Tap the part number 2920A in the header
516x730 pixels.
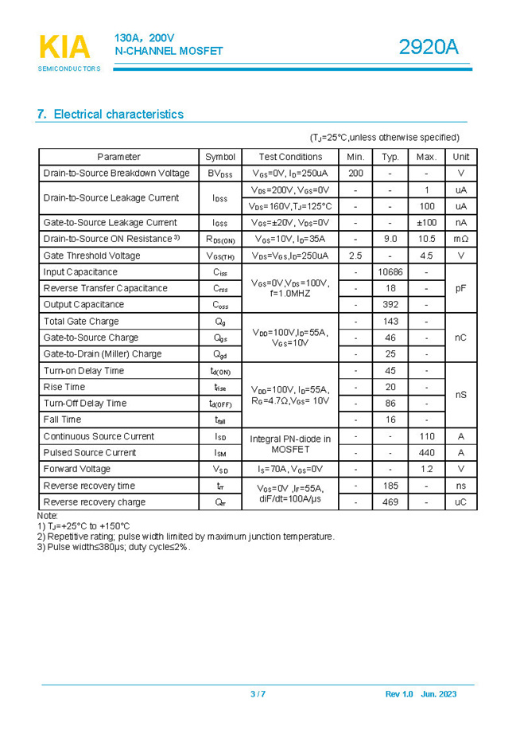[x=429, y=48]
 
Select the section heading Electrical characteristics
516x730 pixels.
[x=111, y=115]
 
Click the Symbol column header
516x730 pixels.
[x=220, y=157]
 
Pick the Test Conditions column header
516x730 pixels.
[x=290, y=157]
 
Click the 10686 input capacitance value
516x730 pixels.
[x=390, y=272]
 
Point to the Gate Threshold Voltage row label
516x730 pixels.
[x=91, y=256]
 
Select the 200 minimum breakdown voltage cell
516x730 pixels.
[x=355, y=174]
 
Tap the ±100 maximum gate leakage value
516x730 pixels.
[x=426, y=223]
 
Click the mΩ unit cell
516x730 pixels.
[x=460, y=239]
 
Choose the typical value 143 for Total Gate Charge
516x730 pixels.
[x=390, y=322]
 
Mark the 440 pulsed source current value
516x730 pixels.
[x=426, y=453]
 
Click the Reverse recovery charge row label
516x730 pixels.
[x=95, y=502]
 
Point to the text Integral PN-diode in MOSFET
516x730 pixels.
[x=290, y=444]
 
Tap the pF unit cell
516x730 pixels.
[x=460, y=288]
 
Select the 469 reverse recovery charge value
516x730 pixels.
[x=390, y=502]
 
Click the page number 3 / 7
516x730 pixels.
[x=258, y=695]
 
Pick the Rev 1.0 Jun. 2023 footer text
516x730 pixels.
[x=421, y=695]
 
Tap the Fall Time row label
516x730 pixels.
[x=62, y=420]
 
